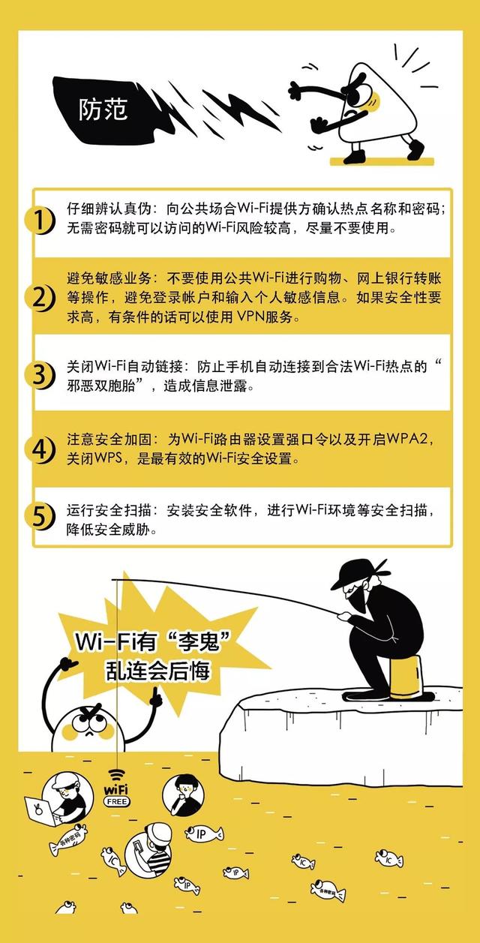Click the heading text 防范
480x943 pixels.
(x=103, y=110)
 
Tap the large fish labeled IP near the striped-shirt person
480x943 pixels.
(x=203, y=833)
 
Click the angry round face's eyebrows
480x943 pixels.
(x=91, y=713)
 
